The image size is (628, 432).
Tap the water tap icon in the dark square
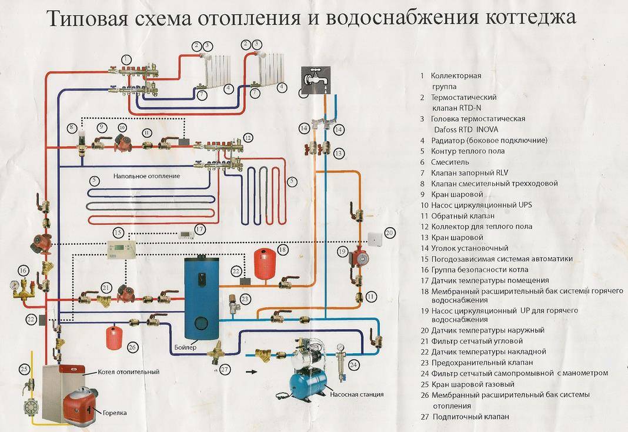(313, 79)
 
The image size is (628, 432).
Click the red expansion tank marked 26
(113, 337)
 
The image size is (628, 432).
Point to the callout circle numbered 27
(224, 370)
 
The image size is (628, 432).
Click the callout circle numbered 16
(24, 270)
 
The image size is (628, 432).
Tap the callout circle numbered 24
(353, 365)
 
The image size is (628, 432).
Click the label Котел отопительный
(120, 372)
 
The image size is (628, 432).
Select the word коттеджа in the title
(526, 20)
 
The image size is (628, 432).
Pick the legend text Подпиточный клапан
(470, 417)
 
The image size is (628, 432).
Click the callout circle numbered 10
(122, 127)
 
